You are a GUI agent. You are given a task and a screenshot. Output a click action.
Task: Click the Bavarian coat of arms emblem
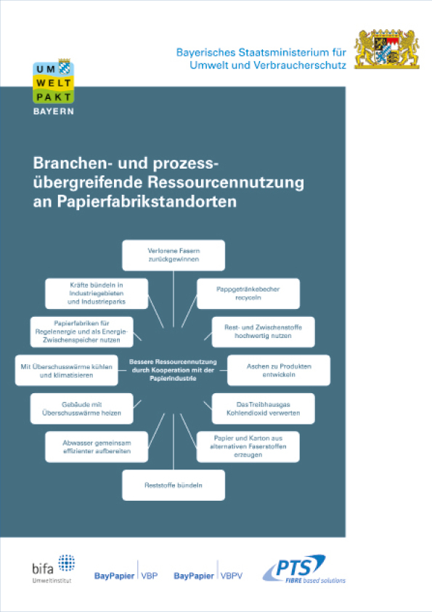click(x=387, y=49)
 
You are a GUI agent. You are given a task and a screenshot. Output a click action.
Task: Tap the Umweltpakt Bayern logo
click(x=54, y=86)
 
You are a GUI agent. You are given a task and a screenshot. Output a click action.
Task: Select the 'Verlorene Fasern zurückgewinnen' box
click(x=174, y=255)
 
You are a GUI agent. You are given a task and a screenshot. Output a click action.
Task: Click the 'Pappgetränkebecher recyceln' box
click(x=248, y=294)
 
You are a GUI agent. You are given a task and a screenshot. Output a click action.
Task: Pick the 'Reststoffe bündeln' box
click(x=174, y=485)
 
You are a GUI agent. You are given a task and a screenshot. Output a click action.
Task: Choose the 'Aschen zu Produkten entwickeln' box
click(x=279, y=371)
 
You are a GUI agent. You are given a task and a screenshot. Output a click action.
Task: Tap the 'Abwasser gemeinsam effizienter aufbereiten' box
click(x=97, y=447)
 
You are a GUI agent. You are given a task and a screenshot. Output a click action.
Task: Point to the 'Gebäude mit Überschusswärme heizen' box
click(x=82, y=408)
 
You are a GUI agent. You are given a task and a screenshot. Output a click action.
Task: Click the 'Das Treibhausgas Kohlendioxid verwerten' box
click(x=263, y=408)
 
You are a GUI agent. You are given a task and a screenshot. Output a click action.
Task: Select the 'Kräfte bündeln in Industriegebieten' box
click(x=97, y=294)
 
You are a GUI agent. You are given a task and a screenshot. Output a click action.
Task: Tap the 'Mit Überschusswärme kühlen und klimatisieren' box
click(x=67, y=371)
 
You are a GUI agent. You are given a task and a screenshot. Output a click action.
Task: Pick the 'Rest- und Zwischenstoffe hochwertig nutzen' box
click(x=263, y=331)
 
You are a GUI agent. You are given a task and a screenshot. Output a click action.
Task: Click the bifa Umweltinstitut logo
click(x=54, y=569)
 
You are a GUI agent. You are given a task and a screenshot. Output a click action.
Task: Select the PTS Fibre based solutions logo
click(x=304, y=569)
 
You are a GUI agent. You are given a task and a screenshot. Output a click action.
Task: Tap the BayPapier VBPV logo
click(x=208, y=572)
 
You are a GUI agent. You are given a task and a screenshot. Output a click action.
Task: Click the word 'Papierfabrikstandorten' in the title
click(x=147, y=201)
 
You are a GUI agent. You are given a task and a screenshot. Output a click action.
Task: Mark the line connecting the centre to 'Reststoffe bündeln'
click(x=174, y=442)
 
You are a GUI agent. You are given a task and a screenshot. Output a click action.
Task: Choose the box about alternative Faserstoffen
click(x=248, y=447)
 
